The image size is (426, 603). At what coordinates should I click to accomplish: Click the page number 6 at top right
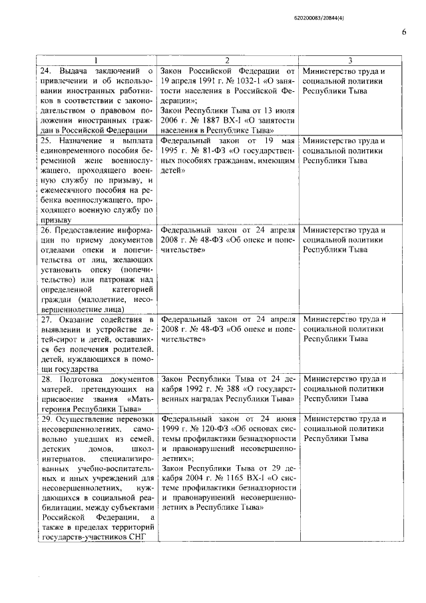[403, 31]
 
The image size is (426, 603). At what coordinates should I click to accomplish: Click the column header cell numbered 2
[227, 59]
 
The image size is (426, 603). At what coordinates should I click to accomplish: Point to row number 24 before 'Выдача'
[47, 70]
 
